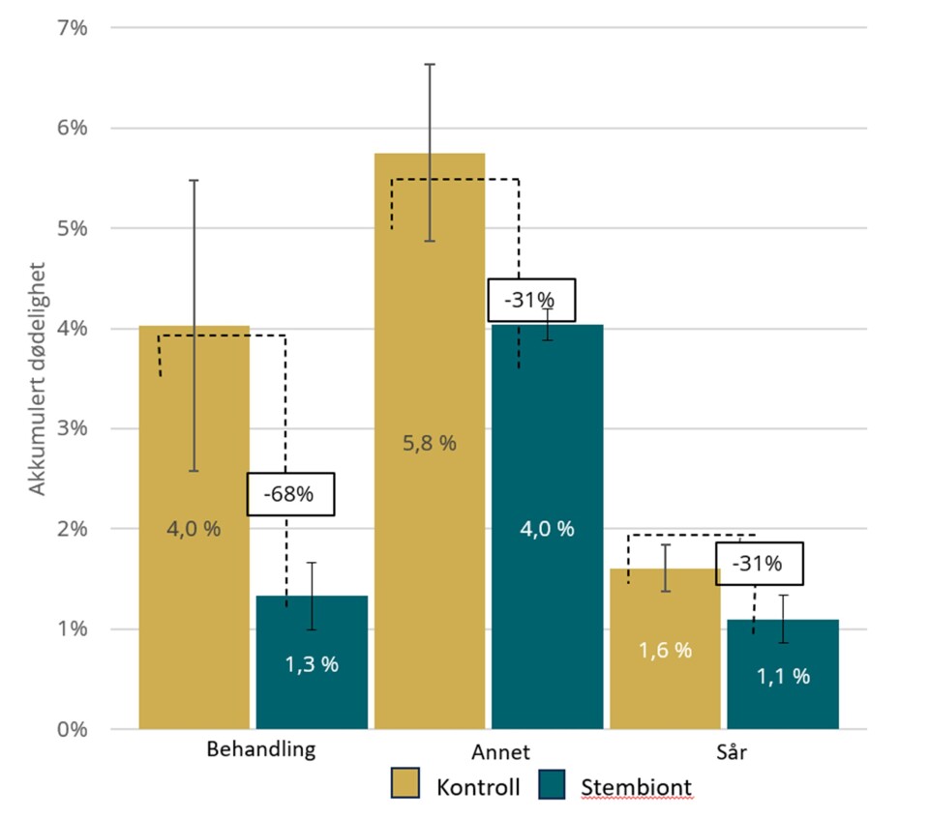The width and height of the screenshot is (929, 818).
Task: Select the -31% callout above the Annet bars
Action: coord(531,300)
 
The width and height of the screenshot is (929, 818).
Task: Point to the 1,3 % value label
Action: coord(312,665)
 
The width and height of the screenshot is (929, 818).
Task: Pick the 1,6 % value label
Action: coord(665,651)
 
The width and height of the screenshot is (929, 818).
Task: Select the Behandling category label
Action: coord(261,750)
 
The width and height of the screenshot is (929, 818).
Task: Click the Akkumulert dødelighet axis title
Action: coord(38,377)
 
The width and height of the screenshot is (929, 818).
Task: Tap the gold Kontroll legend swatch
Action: coord(405,784)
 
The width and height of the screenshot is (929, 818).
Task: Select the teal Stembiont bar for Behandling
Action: coord(312,677)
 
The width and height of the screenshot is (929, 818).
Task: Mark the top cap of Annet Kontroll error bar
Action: coord(429,65)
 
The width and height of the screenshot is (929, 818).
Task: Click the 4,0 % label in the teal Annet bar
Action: coord(547,529)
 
